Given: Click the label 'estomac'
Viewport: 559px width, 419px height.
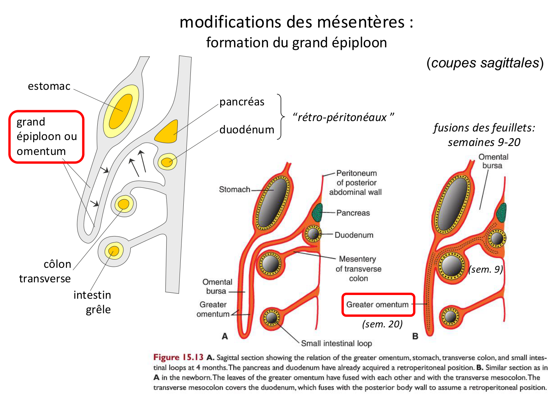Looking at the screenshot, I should coord(49,86).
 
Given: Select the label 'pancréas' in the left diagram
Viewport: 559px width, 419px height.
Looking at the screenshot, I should coord(242,102).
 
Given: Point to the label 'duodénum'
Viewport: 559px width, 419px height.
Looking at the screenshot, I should coord(247,130).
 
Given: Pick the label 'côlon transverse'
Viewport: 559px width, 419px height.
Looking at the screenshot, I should coord(45,271).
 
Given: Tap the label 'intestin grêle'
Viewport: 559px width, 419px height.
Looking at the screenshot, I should coord(92,302).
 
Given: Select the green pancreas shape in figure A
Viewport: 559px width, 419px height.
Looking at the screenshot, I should coord(317,213).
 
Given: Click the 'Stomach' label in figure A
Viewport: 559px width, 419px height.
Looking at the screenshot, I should coord(234,190).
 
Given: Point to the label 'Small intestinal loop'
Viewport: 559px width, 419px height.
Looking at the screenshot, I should coord(336,343).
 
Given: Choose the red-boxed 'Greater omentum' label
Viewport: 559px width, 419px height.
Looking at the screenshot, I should coord(378,305).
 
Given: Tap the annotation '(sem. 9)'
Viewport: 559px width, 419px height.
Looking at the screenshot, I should coord(486,269).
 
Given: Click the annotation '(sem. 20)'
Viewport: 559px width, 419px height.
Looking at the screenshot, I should coord(382,324).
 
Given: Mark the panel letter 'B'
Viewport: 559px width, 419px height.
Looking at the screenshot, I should coord(415,336).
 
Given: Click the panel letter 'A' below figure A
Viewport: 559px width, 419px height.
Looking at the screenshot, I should coord(225,336).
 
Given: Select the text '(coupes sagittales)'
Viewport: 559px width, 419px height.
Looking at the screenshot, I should coord(485,63).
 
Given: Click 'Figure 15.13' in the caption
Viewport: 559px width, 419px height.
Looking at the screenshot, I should coord(178,357).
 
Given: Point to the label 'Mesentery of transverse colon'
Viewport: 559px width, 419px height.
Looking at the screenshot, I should coord(358,269).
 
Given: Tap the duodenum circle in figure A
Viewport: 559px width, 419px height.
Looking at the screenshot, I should coord(313,234).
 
